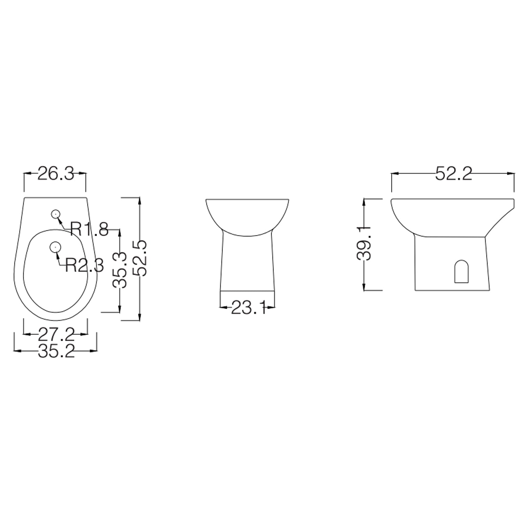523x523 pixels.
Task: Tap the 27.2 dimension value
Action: pos(56,335)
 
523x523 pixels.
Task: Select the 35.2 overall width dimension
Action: pos(56,351)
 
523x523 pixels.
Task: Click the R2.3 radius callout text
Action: pos(84,266)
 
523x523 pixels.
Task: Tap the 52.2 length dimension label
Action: pos(453,173)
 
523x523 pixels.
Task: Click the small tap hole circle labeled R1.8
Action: pos(55,214)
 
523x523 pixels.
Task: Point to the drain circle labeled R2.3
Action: pos(55,247)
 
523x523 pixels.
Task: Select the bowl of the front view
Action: pos(247,214)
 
